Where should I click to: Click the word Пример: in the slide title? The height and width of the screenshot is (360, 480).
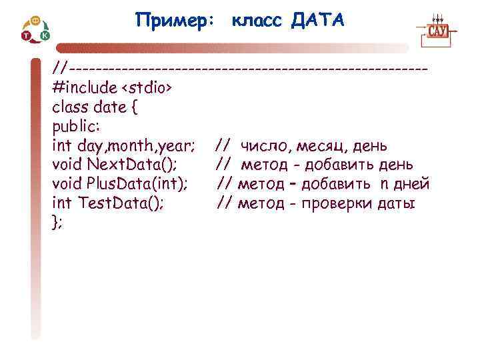[175, 21]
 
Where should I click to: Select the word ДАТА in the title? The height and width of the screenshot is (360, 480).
[318, 21]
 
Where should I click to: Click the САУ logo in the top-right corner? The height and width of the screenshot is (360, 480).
[437, 30]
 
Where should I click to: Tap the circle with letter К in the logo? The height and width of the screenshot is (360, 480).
[45, 35]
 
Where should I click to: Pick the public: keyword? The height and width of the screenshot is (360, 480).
[75, 126]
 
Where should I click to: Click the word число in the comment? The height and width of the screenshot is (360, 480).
[263, 145]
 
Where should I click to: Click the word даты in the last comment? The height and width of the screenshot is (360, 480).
[395, 203]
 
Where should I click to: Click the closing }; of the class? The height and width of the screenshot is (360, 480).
[57, 223]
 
